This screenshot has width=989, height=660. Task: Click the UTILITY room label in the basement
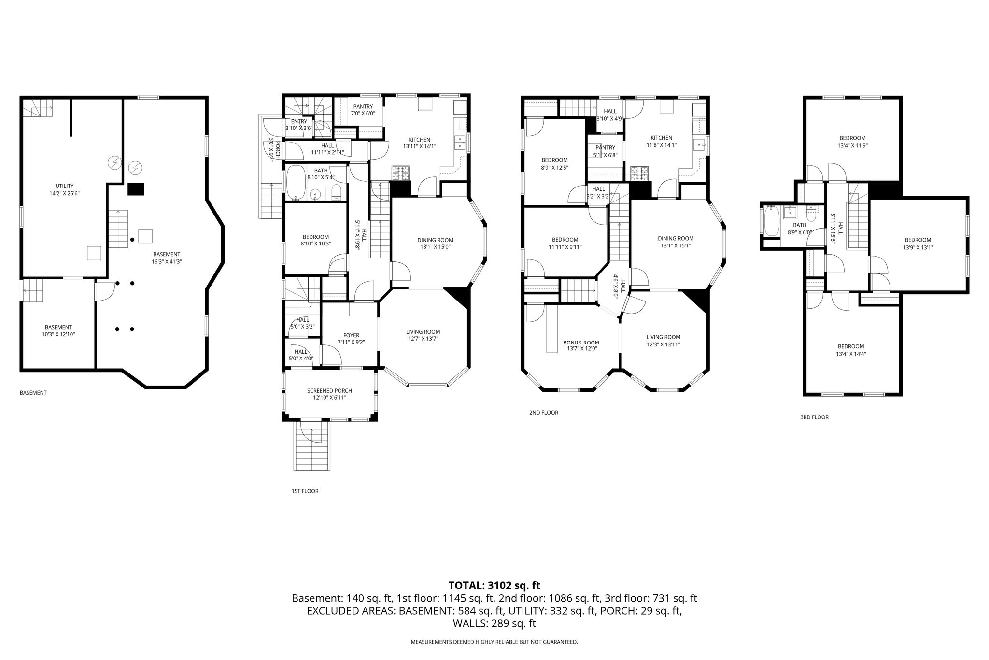(x=64, y=186)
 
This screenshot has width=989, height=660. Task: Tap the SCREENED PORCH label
(x=329, y=391)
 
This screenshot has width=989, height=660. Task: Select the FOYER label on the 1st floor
(x=351, y=335)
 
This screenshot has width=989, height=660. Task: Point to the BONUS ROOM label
(x=581, y=343)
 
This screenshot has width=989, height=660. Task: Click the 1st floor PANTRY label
(x=363, y=107)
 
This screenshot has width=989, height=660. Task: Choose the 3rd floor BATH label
(x=800, y=225)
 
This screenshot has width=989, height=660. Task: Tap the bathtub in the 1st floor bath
(x=296, y=183)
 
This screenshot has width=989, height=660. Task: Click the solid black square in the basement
(x=136, y=189)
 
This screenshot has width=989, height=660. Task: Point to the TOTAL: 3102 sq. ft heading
(x=494, y=586)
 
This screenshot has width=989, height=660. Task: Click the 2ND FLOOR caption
(x=544, y=413)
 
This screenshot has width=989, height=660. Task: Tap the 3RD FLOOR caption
(x=814, y=417)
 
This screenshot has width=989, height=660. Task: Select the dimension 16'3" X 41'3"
(x=167, y=262)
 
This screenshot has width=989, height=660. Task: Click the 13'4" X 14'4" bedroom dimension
(x=851, y=354)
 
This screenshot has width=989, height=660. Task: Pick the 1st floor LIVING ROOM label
(x=423, y=332)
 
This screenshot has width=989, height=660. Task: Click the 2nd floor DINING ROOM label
(x=676, y=238)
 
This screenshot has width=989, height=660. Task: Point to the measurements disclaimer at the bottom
(x=494, y=642)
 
